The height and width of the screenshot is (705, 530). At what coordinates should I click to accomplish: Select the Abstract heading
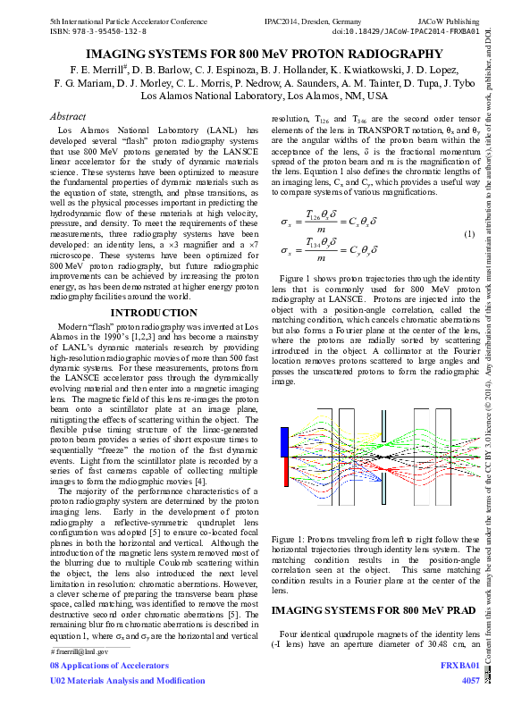tap(68, 116)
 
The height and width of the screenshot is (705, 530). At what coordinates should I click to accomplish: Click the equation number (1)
tap(467, 234)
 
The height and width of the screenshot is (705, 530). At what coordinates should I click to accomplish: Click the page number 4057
tap(470, 681)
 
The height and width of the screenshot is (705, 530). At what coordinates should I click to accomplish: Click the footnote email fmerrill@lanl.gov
tap(81, 651)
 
